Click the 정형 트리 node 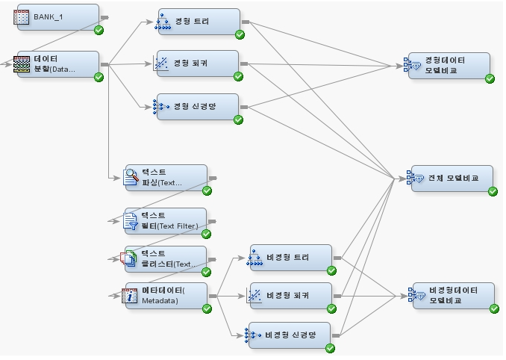(199, 22)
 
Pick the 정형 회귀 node (197, 63)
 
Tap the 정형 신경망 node (197, 107)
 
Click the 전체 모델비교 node (452, 179)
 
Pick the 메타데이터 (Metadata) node (164, 296)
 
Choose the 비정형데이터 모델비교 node (452, 296)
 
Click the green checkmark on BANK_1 (99, 30)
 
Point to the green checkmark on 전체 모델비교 (493, 191)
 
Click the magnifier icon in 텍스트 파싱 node (131, 176)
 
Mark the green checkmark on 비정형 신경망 (330, 347)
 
